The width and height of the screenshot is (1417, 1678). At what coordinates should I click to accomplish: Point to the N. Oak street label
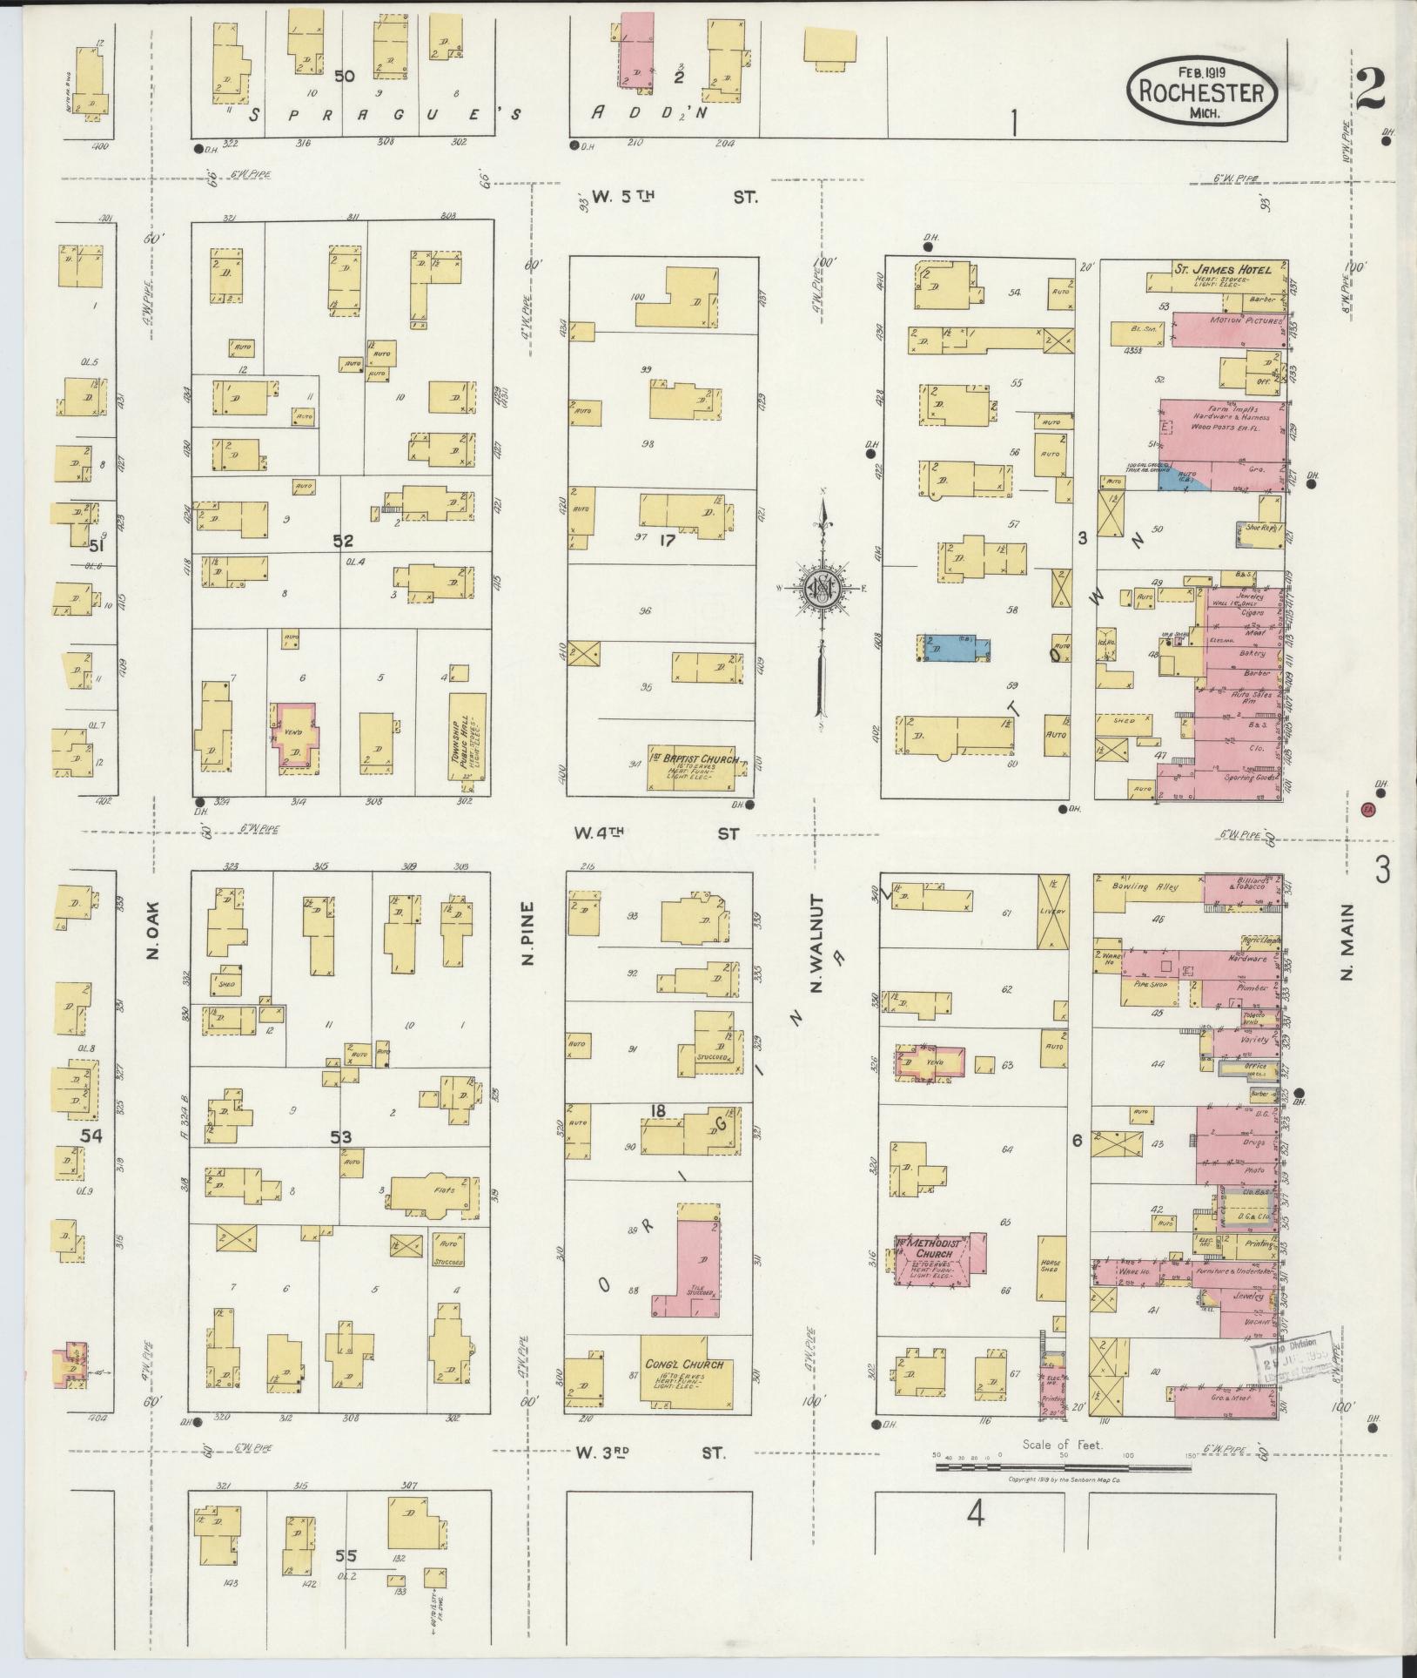(153, 941)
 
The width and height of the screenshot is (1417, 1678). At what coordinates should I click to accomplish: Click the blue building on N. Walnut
(953, 647)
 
